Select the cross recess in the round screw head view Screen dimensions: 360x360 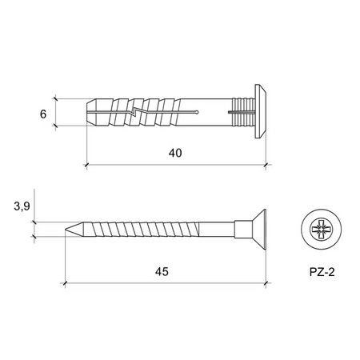pyautogui.click(x=322, y=230)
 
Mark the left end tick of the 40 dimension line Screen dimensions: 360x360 pyautogui.click(x=86, y=166)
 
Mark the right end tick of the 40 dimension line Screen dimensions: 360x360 pyautogui.click(x=266, y=166)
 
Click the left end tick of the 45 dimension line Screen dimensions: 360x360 pyautogui.click(x=63, y=283)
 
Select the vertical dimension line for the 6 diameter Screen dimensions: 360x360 pyautogui.click(x=56, y=113)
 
